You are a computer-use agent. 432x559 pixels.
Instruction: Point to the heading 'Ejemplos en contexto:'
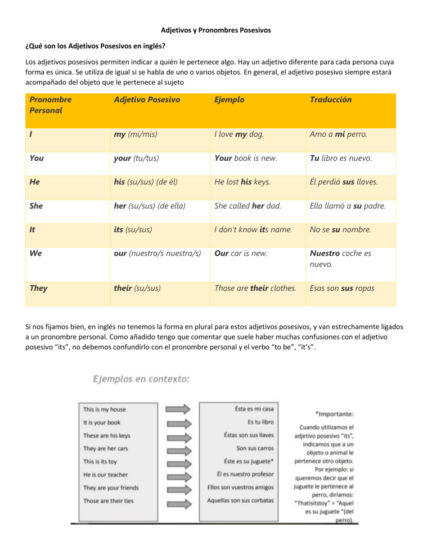[x=141, y=380]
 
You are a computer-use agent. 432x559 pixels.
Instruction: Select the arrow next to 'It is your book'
[x=179, y=422]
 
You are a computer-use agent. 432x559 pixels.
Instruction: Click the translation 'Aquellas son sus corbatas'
[x=240, y=500]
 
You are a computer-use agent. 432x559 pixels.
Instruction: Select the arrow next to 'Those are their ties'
[x=179, y=500]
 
